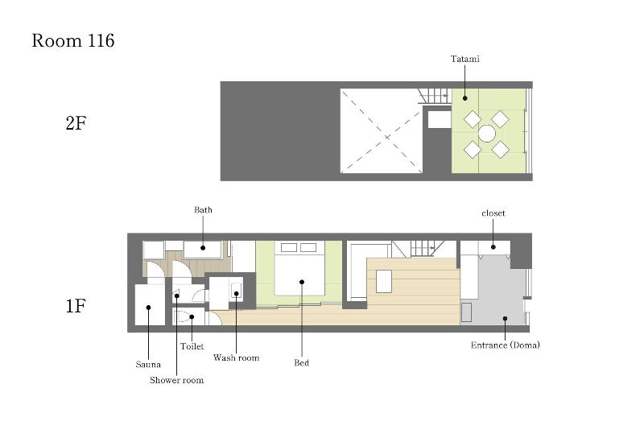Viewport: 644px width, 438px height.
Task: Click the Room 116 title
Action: [x=73, y=41]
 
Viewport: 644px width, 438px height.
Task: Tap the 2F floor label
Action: [x=76, y=123]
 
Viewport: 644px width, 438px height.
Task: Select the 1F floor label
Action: [x=76, y=306]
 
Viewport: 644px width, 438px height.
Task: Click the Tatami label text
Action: [x=465, y=59]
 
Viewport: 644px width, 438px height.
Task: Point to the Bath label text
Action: [x=203, y=210]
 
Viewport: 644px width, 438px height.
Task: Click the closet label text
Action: [x=493, y=213]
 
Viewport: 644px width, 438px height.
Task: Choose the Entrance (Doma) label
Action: [x=506, y=345]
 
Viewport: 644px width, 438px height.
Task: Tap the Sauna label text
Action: [x=148, y=365]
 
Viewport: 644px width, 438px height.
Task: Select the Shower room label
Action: [x=176, y=380]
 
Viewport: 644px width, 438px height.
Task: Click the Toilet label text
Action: [x=192, y=346]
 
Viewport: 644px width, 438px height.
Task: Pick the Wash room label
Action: [x=236, y=357]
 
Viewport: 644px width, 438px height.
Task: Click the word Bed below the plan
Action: [x=301, y=363]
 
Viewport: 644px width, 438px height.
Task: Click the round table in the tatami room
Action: [x=487, y=134]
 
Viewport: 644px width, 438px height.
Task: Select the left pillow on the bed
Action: [x=289, y=247]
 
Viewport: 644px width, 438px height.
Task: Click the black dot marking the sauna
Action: [x=149, y=308]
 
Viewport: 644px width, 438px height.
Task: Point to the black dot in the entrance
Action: [x=506, y=318]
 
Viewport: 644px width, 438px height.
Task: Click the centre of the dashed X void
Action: [x=382, y=131]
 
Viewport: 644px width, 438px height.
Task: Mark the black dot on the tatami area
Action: [x=465, y=98]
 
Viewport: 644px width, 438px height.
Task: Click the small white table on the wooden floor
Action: [x=384, y=282]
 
